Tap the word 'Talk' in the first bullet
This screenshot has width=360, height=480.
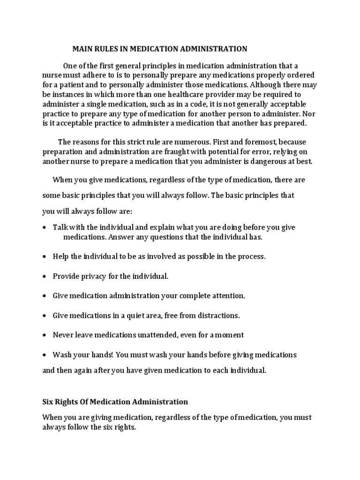(x=60, y=227)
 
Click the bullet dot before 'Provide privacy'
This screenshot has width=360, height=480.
(x=44, y=277)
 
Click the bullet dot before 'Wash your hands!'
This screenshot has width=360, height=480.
(x=44, y=355)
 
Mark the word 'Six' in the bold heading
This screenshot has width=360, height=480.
(x=48, y=402)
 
